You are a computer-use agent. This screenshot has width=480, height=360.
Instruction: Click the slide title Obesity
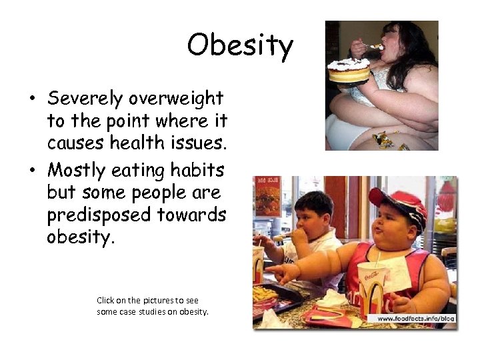[240, 45]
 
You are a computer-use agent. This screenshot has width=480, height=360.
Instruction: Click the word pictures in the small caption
[156, 301]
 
